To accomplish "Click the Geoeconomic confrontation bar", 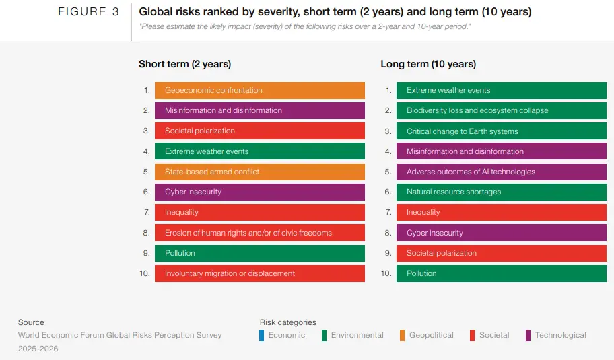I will coord(259,90).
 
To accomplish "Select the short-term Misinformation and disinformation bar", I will coord(259,110).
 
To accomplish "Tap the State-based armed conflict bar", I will coord(259,172).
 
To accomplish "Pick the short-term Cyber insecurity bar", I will coord(259,192).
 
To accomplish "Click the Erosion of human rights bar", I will coord(259,233).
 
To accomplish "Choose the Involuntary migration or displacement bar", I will coord(259,273).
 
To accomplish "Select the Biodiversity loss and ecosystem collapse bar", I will coord(501,110).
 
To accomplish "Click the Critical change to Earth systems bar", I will coord(501,131).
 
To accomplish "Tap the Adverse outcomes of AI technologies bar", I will coord(501,172).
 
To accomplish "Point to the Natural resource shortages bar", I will coord(501,192).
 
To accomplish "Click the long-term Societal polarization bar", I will coord(501,253).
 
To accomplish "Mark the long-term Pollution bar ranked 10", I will coord(501,273).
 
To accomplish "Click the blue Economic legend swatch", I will coord(262,335).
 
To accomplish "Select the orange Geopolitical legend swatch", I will coord(402,335).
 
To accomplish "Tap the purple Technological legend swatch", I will coord(528,335).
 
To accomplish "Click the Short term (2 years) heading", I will coord(184,64).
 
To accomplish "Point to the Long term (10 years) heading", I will coord(428,64).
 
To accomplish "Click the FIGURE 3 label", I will coord(89,12).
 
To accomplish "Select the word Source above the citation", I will coord(31,322).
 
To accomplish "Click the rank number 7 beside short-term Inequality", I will coord(146,212).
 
